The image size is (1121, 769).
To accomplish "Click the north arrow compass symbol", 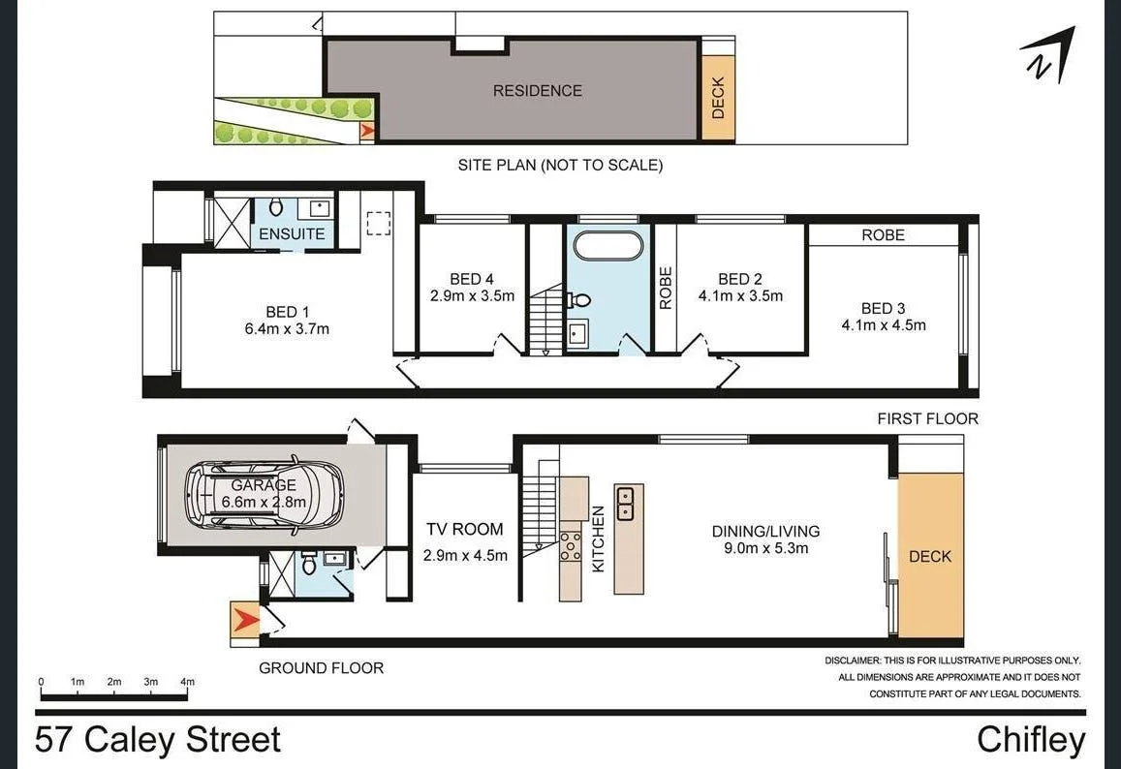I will [x=1049, y=55].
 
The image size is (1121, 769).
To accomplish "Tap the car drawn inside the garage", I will [x=264, y=494].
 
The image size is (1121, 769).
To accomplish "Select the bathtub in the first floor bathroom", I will [x=607, y=244].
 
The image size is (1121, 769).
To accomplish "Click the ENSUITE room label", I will [x=292, y=234].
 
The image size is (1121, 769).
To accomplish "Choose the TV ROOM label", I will [x=465, y=530].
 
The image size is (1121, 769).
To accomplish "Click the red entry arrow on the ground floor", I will [x=245, y=620].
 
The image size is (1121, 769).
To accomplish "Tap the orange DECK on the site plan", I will [x=718, y=98].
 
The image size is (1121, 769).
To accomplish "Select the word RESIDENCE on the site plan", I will [x=538, y=91].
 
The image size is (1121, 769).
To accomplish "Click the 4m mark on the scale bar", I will [x=188, y=682].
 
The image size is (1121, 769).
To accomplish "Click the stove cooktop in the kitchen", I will [x=570, y=546].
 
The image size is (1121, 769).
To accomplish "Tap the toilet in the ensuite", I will [x=276, y=207].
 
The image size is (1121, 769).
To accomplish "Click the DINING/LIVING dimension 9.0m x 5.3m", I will [x=765, y=548].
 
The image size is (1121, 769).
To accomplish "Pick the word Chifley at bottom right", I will [x=1031, y=740].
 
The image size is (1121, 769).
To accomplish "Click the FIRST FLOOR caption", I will [x=927, y=418].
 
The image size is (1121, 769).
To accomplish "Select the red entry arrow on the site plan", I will [x=367, y=133].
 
